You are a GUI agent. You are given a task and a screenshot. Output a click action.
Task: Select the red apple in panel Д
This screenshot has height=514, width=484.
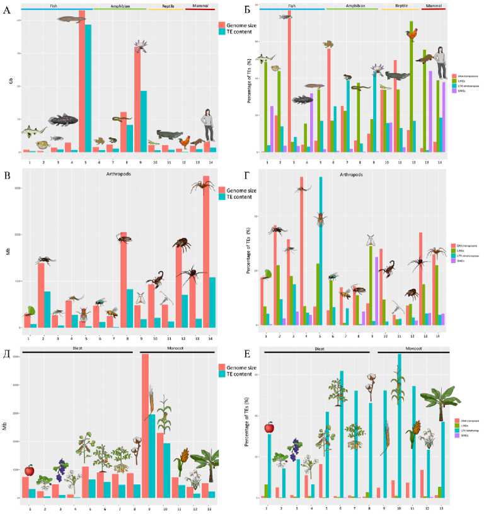pos(29,470)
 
